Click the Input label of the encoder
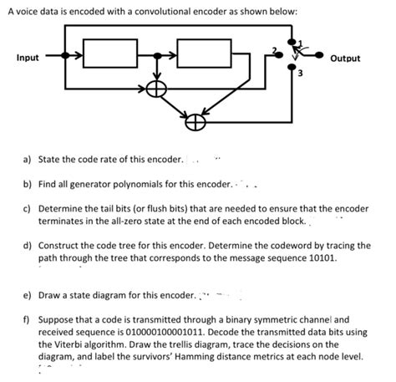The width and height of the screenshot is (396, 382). [x=28, y=58]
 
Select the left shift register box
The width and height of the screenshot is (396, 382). [x=112, y=59]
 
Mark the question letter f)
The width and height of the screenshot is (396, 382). [x=27, y=319]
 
